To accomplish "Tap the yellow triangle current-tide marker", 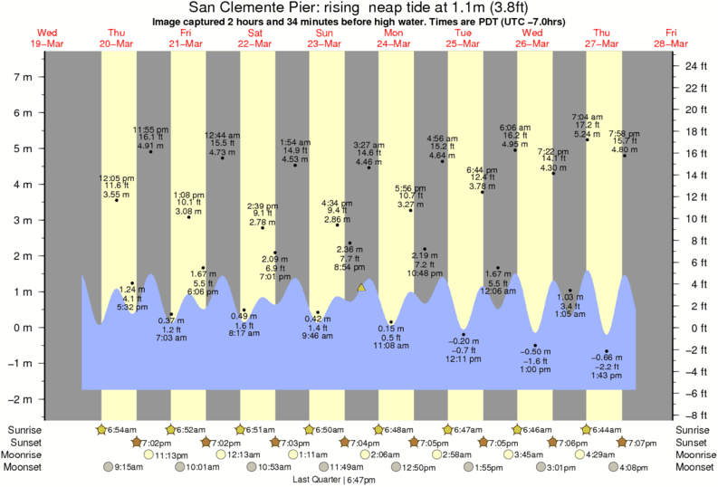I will point(360,288).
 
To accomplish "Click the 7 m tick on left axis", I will point(22,77).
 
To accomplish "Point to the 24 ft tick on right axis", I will point(695,66).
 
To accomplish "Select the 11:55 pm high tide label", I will point(150,137).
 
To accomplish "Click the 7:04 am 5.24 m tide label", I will point(588,124).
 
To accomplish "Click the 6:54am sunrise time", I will point(121,429).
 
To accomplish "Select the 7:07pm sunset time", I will point(638,442).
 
